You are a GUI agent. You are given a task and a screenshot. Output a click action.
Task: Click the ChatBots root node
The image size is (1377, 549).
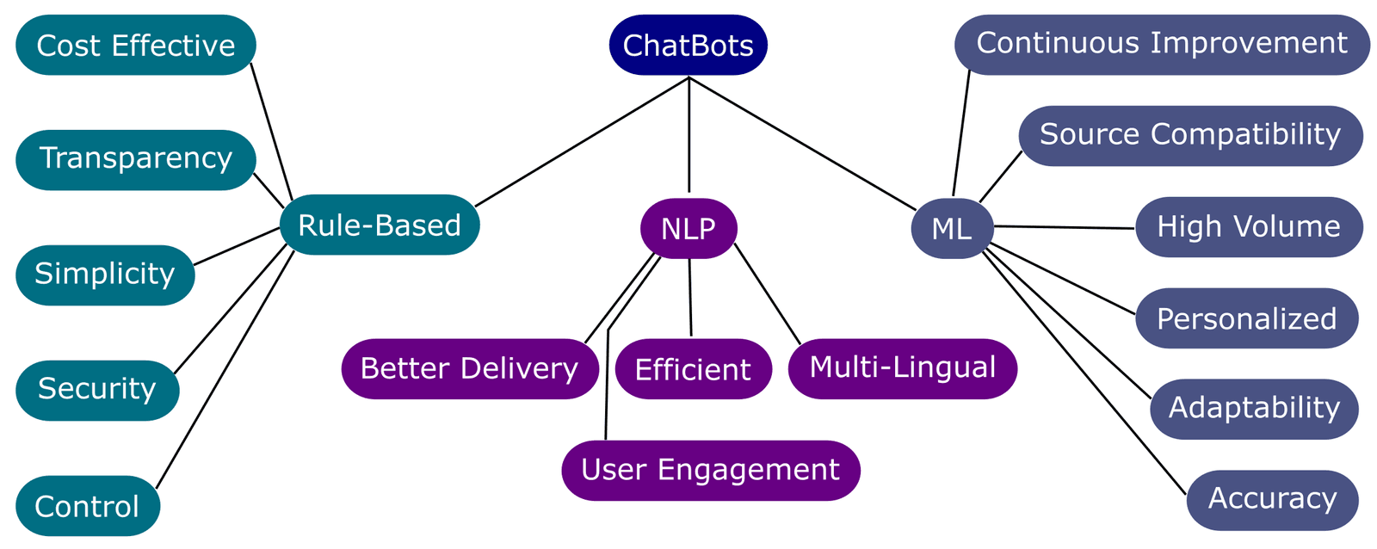coord(688,45)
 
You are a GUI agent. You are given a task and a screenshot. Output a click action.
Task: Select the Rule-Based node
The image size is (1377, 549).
coord(380,225)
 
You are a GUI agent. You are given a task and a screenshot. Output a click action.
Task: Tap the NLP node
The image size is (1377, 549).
coord(688,228)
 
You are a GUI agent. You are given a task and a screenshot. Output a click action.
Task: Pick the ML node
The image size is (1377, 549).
coord(952,228)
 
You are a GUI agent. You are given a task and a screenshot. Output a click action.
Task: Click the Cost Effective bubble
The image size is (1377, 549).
coord(136,45)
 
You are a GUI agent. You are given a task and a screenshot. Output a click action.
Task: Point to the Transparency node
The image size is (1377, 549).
coord(136,159)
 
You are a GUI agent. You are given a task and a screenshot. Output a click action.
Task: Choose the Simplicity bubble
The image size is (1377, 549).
coord(105,274)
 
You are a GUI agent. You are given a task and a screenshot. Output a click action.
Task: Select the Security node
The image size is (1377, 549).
coord(97,390)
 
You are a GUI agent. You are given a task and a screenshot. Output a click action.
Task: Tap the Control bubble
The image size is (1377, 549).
coord(87,505)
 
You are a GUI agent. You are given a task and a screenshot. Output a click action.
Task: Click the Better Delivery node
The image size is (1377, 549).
coord(469,368)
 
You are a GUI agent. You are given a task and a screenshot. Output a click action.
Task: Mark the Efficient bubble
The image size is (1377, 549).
coord(693,369)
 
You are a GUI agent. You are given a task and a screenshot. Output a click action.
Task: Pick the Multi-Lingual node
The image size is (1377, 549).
coord(902,368)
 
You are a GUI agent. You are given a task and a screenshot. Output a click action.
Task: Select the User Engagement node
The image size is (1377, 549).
coord(710,470)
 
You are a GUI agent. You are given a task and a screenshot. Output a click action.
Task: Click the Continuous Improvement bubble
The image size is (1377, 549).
coord(1162,44)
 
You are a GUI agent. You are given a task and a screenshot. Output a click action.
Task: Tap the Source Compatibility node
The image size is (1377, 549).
coord(1190,135)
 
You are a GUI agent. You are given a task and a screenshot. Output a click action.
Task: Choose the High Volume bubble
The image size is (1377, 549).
coord(1249,226)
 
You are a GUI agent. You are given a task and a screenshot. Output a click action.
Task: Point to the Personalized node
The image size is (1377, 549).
coord(1246,318)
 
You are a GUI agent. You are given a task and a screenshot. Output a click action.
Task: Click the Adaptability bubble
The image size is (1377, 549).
coord(1254,409)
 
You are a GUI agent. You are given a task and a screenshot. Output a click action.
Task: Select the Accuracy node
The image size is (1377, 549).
coord(1272,499)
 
